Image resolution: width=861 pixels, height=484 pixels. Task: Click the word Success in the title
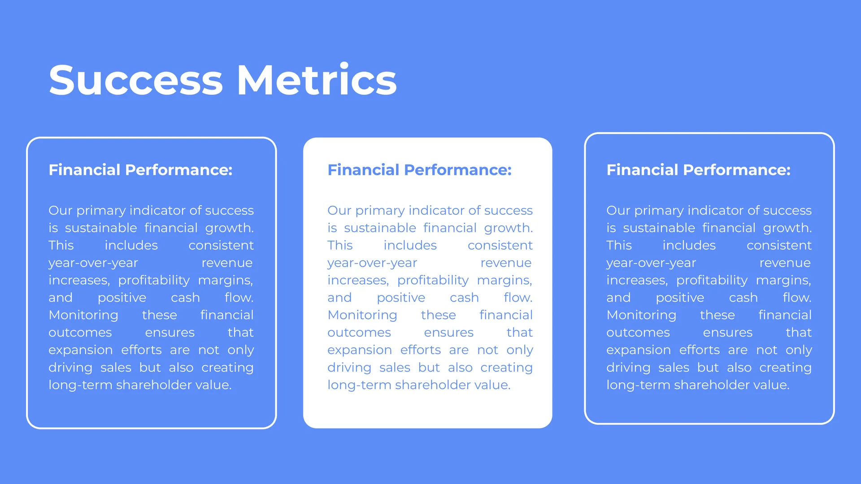[136, 80]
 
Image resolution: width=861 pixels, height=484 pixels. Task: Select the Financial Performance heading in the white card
[419, 170]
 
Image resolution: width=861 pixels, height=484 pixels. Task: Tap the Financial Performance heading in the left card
[140, 170]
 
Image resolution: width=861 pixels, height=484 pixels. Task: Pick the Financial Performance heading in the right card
[698, 170]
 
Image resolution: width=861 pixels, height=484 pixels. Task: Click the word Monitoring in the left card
[83, 315]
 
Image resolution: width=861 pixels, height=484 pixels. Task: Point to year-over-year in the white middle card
[372, 263]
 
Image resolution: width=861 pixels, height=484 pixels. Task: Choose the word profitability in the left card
[154, 281]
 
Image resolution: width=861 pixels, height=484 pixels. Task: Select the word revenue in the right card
[785, 263]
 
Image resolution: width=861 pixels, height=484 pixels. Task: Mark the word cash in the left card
[185, 298]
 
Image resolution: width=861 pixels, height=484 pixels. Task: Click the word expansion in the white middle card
[360, 350]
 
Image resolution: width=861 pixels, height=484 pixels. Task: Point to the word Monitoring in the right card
[641, 315]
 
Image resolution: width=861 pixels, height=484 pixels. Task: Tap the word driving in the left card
[70, 368]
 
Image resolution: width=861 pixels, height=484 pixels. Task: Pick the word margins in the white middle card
[504, 281]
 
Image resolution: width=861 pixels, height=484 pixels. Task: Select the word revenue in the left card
[227, 263]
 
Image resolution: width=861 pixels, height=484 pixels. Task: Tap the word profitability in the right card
[712, 281]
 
